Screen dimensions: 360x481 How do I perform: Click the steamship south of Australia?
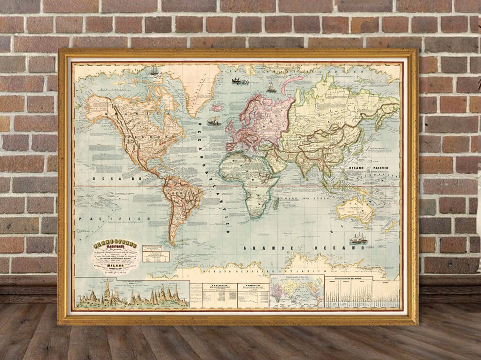point(359,239)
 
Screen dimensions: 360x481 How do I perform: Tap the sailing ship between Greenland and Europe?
point(214,121)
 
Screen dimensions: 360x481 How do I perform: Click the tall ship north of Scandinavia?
point(271,87)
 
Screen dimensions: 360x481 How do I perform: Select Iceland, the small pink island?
point(217,107)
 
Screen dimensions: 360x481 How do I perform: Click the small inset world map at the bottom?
point(296,291)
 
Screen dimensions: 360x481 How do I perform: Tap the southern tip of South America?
point(172,243)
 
